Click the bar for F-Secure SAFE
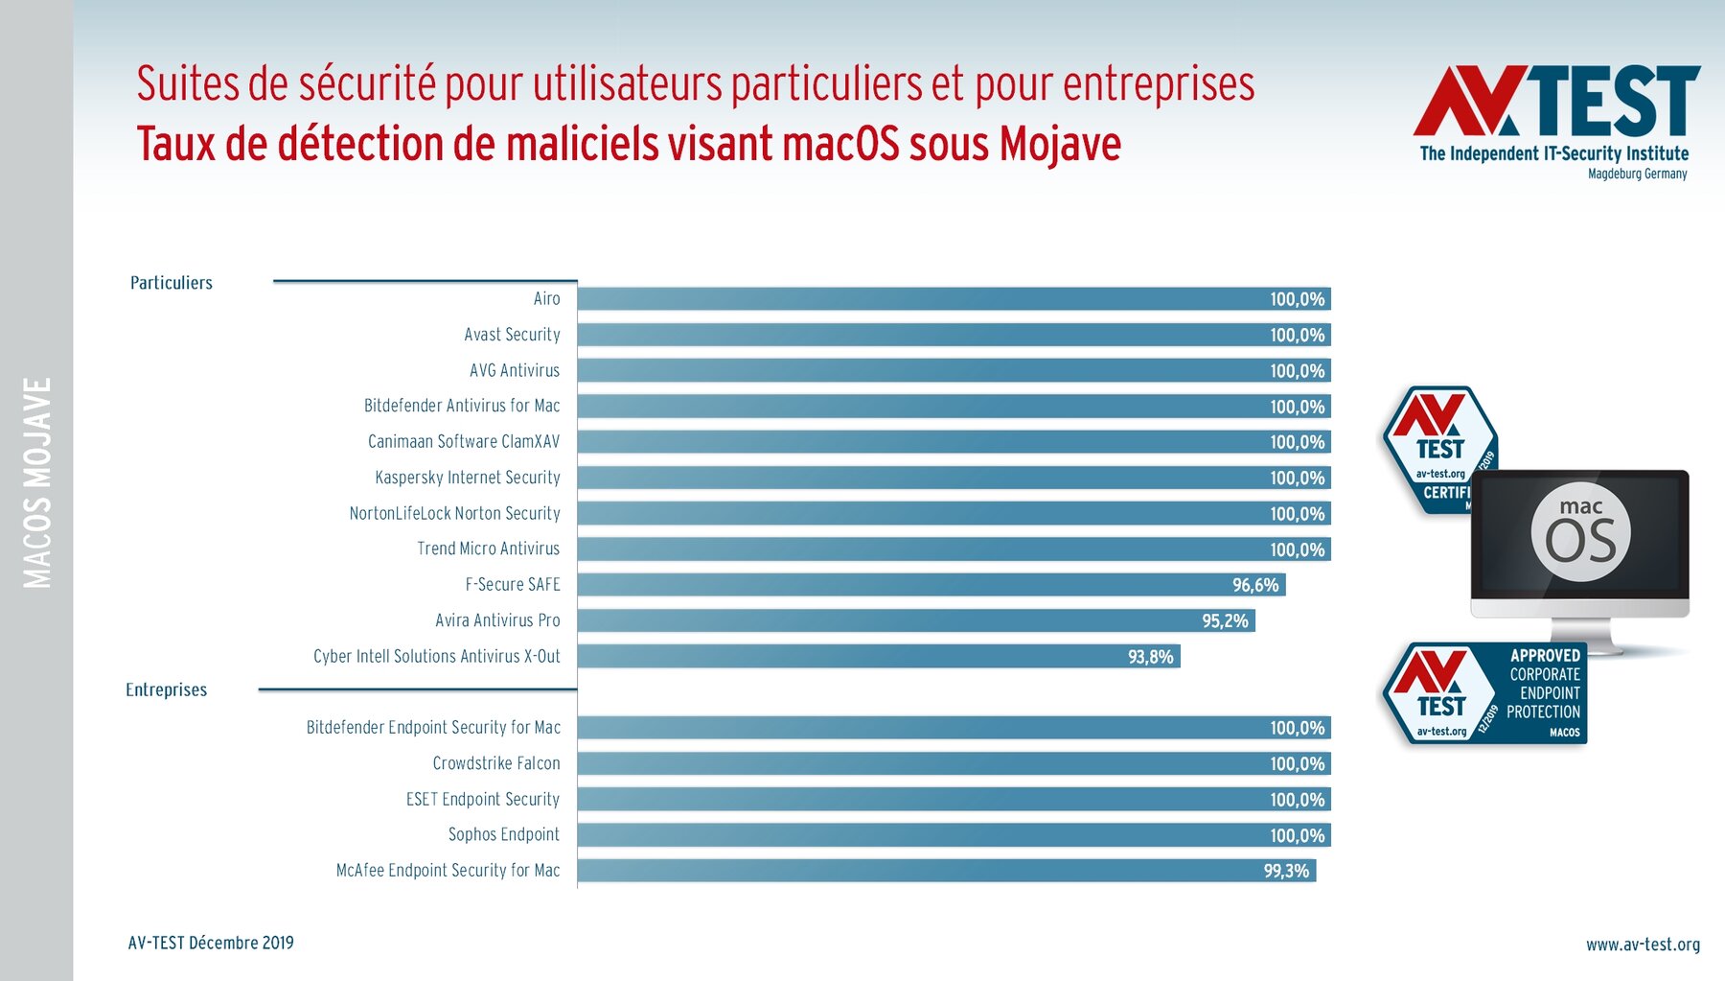(x=930, y=585)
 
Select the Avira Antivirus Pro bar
(x=915, y=620)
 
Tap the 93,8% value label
(x=1150, y=657)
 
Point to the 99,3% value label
(x=1286, y=871)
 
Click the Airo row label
(x=546, y=299)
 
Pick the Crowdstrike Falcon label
(x=496, y=763)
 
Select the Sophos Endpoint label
(x=504, y=834)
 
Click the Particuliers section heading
(x=172, y=283)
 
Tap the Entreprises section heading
(x=167, y=689)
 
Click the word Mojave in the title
(x=1060, y=145)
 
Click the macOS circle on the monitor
(x=1580, y=533)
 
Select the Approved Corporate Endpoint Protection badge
(x=1484, y=693)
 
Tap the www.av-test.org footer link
(x=1643, y=945)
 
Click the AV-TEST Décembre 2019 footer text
(x=211, y=943)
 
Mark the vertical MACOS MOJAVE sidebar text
(x=37, y=482)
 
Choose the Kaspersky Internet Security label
(x=468, y=478)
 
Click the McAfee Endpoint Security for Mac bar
(x=946, y=871)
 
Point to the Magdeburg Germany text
(x=1637, y=174)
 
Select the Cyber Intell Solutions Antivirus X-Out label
(x=437, y=657)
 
